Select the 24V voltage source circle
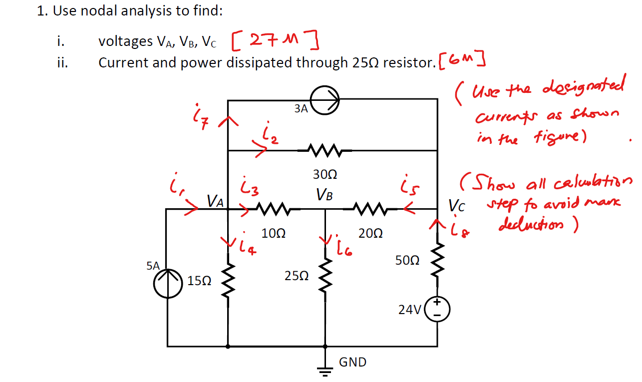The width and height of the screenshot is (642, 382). point(438,310)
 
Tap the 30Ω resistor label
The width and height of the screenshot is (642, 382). point(325,174)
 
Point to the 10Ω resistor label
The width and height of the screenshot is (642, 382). point(273,233)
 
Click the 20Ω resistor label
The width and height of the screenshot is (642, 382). point(370,233)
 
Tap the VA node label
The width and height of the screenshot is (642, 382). point(216,201)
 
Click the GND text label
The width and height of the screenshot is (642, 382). point(352,362)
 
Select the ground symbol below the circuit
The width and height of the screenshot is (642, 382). point(325,369)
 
